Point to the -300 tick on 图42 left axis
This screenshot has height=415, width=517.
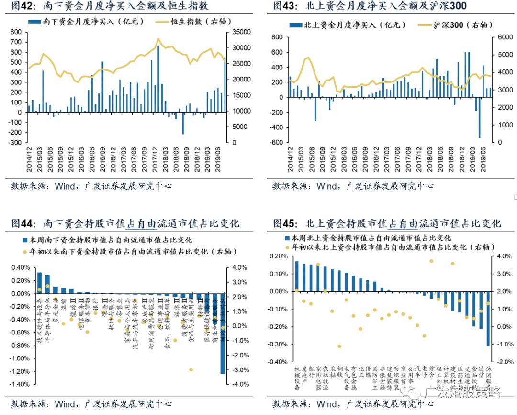(16, 143)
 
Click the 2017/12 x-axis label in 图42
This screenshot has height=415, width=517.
(155, 159)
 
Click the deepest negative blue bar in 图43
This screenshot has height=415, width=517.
(479, 117)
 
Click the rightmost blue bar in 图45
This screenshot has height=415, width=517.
(488, 319)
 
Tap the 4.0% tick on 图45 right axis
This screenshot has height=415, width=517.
(498, 256)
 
